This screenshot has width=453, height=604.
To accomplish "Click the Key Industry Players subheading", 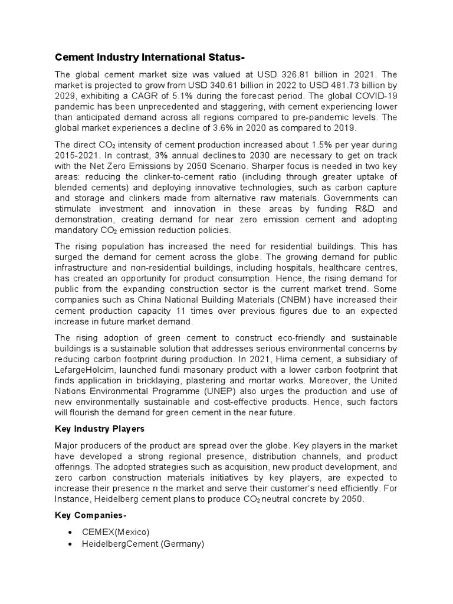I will click(x=99, y=429).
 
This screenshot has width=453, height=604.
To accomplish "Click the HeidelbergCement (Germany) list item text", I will click(x=143, y=544).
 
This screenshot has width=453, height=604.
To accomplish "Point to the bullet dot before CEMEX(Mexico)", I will click(x=70, y=533).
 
